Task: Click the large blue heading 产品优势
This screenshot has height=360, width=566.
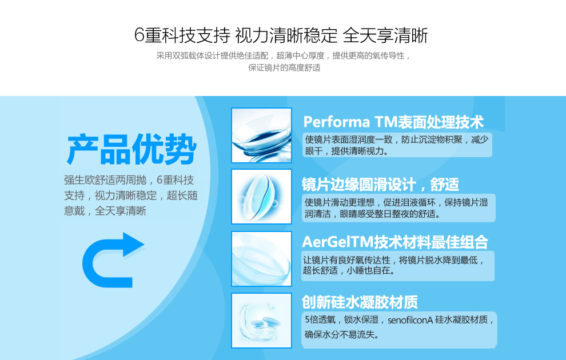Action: pyautogui.click(x=131, y=149)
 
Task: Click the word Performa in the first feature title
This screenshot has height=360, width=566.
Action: pyautogui.click(x=336, y=122)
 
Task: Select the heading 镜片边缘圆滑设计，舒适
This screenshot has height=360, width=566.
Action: pyautogui.click(x=380, y=185)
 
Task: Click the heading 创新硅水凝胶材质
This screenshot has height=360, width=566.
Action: pyautogui.click(x=360, y=302)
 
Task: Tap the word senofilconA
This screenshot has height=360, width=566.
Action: pyautogui.click(x=410, y=320)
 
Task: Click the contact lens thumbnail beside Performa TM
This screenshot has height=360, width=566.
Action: pyautogui.click(x=261, y=135)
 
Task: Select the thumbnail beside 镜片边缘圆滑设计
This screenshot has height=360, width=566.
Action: pyautogui.click(x=261, y=197)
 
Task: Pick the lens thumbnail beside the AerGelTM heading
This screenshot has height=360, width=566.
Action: pyautogui.click(x=261, y=259)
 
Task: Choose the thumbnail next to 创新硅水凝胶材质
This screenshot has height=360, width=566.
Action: pyautogui.click(x=261, y=321)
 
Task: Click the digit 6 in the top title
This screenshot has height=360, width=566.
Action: pyautogui.click(x=139, y=35)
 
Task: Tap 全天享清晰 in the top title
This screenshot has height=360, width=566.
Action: pyautogui.click(x=385, y=35)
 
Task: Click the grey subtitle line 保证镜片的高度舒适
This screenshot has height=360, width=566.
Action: pyautogui.click(x=284, y=67)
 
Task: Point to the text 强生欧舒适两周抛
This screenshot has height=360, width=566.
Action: pyautogui.click(x=105, y=180)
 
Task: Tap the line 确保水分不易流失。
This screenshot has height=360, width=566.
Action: pyautogui.click(x=342, y=335)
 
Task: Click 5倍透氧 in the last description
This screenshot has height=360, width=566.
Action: pyautogui.click(x=320, y=319)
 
